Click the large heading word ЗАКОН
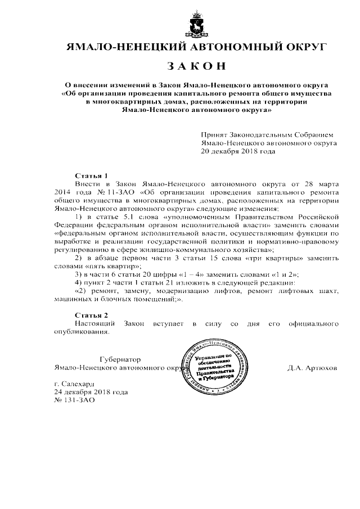(x=196, y=66)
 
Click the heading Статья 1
(x=91, y=175)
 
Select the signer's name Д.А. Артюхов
(x=312, y=368)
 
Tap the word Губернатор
(x=120, y=359)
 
